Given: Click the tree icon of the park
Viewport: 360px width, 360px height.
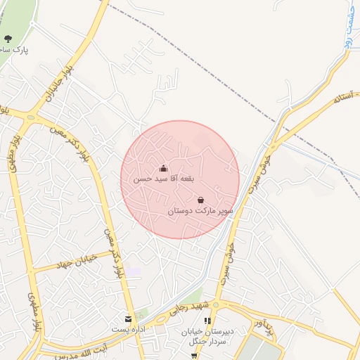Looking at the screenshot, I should (8, 39).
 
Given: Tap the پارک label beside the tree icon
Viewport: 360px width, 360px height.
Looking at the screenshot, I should (17, 51).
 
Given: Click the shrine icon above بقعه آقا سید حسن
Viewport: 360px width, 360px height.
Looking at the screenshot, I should (164, 168).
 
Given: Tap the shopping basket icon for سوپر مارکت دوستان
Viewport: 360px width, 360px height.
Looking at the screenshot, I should (201, 200).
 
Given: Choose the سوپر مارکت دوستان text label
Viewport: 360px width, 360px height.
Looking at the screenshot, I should (200, 210).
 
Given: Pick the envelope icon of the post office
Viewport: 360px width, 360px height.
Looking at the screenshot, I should (128, 319).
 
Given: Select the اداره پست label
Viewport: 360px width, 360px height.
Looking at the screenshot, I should (129, 329).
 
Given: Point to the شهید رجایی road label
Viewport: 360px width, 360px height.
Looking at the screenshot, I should (186, 312).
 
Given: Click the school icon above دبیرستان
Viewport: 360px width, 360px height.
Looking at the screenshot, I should (207, 321).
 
